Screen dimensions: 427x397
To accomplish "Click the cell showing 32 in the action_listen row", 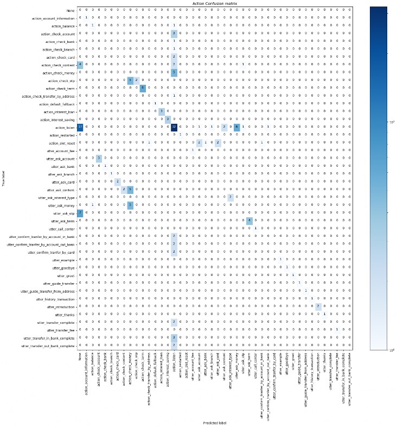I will (x=174, y=127).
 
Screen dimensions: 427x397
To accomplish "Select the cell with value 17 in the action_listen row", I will (x=80, y=127).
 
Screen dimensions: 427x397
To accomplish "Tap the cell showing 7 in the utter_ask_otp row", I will (x=80, y=212).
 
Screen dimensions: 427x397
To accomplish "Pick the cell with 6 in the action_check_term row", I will (x=143, y=87).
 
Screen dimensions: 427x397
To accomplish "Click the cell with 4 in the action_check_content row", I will (x=80, y=64).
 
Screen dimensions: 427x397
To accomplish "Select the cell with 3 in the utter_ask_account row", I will (x=99, y=158).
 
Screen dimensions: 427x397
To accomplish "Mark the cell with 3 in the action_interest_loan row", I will (x=162, y=111).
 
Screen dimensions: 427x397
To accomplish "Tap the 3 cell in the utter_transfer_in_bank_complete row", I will (x=174, y=337).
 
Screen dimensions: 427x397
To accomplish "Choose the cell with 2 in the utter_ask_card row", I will (x=117, y=181).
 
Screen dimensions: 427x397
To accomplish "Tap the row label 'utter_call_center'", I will (x=61, y=228).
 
